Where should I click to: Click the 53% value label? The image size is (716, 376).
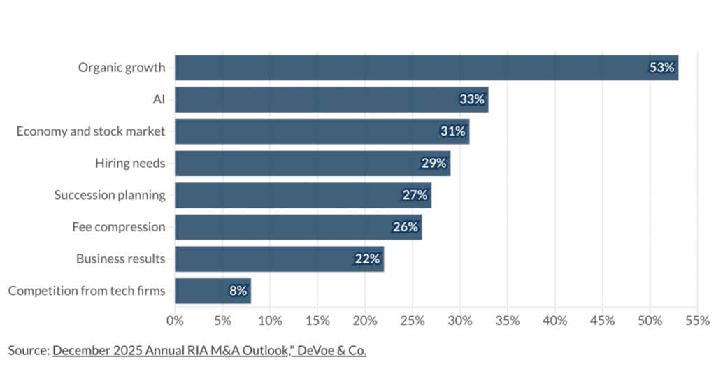(x=661, y=68)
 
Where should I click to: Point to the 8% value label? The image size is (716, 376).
(x=238, y=291)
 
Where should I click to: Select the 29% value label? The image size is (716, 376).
(x=434, y=164)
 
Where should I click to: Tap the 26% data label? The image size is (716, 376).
(x=405, y=227)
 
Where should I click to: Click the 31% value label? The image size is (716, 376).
(x=452, y=131)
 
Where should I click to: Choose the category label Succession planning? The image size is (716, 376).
(x=110, y=195)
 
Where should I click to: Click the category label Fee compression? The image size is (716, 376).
(x=118, y=227)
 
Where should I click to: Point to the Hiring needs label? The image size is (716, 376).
(x=130, y=164)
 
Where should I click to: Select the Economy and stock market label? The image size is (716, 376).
(x=91, y=131)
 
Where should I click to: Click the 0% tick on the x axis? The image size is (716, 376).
(x=175, y=321)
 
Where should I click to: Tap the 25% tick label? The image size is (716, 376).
(x=412, y=321)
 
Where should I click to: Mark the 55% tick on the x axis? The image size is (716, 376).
(x=697, y=321)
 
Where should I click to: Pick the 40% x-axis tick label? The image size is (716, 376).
(x=554, y=321)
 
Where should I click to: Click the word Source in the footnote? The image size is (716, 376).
(x=28, y=351)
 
